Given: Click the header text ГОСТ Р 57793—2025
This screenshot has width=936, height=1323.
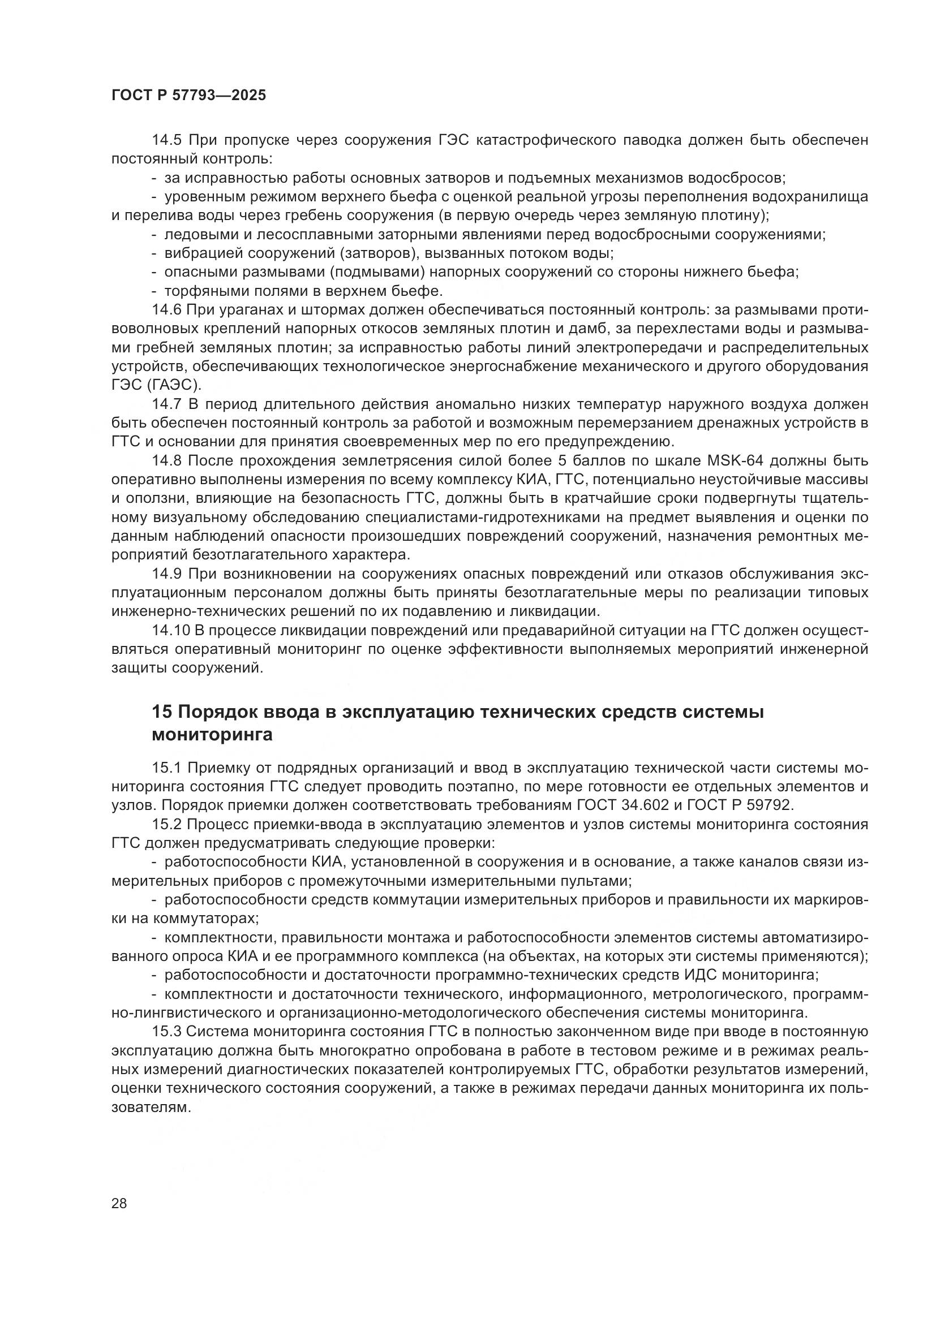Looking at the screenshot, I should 188,96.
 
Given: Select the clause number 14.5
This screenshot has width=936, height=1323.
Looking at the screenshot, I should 167,140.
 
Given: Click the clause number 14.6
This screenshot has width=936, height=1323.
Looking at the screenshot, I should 167,310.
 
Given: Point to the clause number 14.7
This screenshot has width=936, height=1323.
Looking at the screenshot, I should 167,404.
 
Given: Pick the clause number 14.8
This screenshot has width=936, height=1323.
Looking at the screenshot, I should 167,461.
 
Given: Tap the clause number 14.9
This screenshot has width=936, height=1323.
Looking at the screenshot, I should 167,574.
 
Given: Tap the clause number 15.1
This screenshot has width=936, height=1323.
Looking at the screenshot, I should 167,768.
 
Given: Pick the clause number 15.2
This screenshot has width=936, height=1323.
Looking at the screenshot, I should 167,825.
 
